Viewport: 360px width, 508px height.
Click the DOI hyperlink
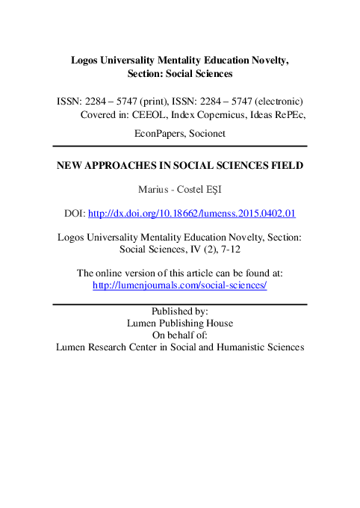pyautogui.click(x=192, y=214)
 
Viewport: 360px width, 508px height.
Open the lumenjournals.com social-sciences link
pyautogui.click(x=179, y=285)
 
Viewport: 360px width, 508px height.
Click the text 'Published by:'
pyautogui.click(x=179, y=312)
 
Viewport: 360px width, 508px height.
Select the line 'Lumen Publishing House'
pyautogui.click(x=180, y=323)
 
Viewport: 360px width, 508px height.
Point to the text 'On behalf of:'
pyautogui.click(x=180, y=335)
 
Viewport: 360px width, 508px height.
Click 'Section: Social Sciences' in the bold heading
pyautogui.click(x=180, y=73)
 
